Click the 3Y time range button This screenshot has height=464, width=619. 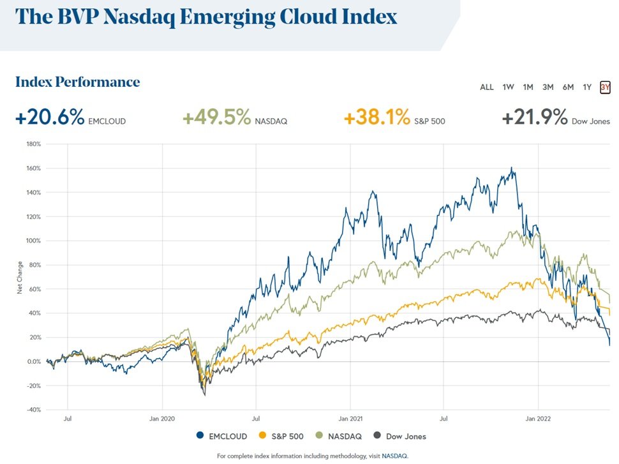605,87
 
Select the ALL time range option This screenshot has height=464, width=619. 486,87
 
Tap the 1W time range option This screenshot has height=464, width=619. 508,87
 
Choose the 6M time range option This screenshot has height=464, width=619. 568,87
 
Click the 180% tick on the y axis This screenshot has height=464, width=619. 33,144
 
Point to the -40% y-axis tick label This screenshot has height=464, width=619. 33,410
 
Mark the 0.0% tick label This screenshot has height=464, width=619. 33,361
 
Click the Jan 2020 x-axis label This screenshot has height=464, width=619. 162,420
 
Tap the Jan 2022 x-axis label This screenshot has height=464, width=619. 539,420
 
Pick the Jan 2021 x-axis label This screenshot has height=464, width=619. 350,420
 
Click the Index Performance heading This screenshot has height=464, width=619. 77,82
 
